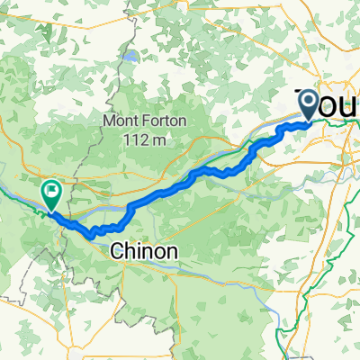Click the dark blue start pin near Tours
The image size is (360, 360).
click(x=308, y=103)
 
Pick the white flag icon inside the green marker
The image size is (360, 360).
click(x=51, y=190)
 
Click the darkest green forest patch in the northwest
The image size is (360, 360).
click(x=18, y=135)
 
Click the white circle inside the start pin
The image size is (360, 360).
click(x=308, y=102)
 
